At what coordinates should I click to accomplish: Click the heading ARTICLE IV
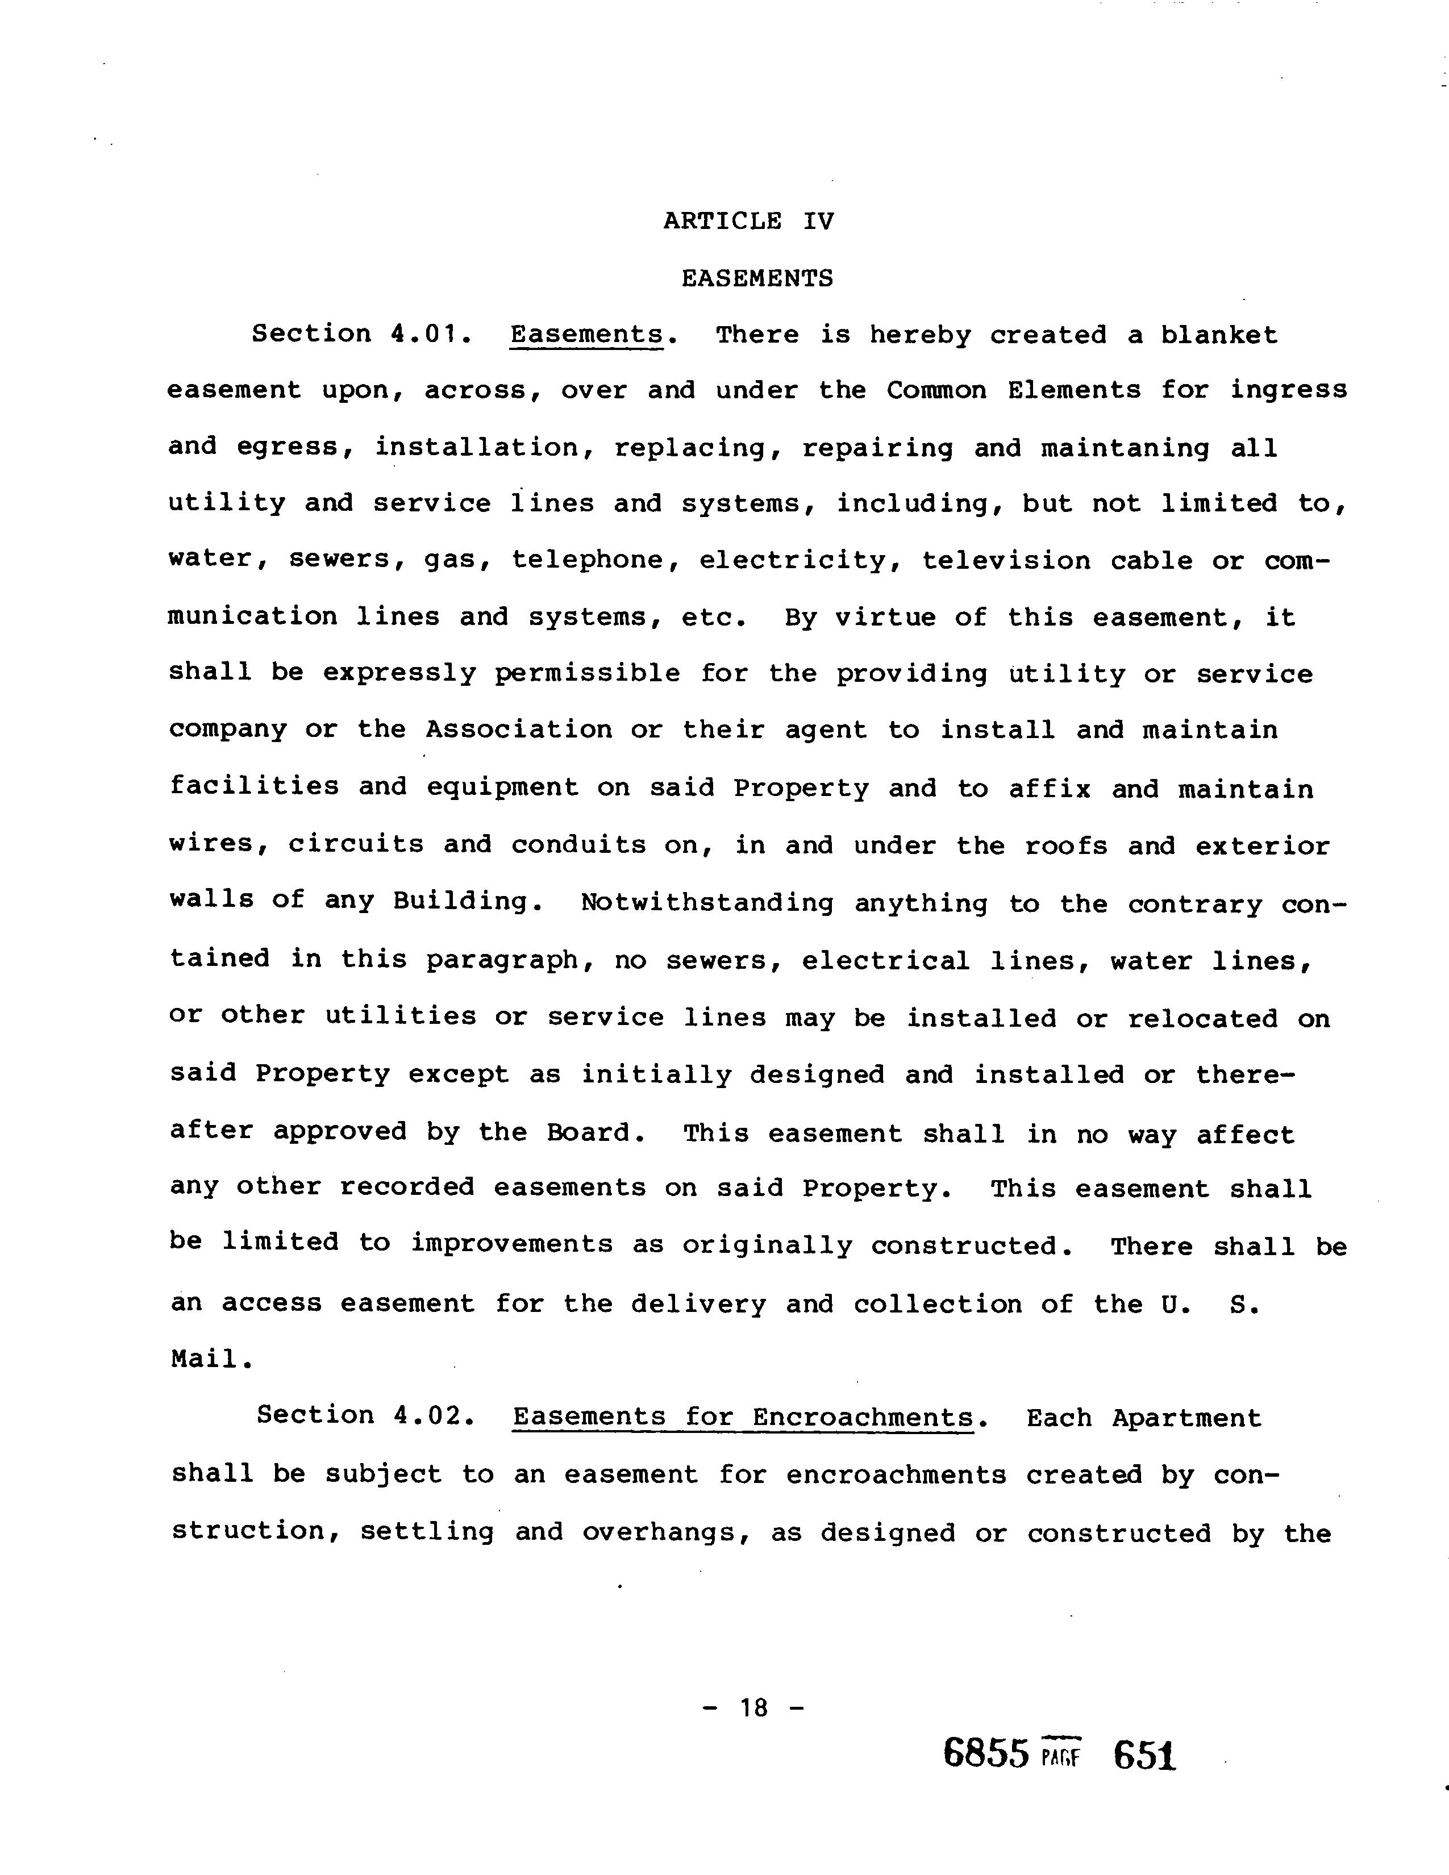tap(748, 222)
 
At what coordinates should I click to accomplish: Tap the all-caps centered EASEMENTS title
tap(757, 278)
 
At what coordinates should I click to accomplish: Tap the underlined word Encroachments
tap(864, 1416)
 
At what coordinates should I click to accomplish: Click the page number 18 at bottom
tap(753, 1707)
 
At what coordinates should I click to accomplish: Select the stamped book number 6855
tap(985, 1752)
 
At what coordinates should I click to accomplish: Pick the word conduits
tap(578, 845)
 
